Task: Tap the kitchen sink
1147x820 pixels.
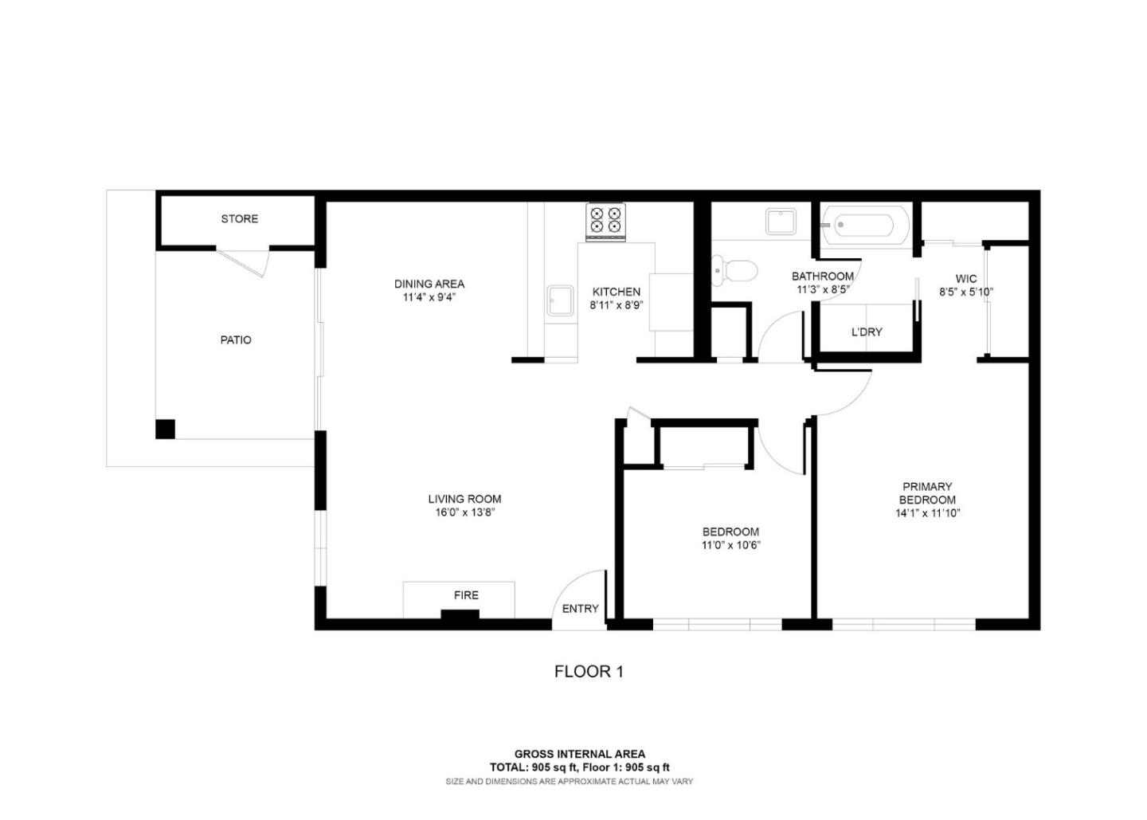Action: click(x=560, y=301)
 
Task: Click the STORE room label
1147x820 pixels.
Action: click(x=239, y=218)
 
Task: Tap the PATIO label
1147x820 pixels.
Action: click(x=236, y=340)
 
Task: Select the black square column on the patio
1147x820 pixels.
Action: click(x=165, y=429)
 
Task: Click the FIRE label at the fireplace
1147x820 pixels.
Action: click(x=466, y=595)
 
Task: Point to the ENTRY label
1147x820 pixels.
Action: click(x=580, y=609)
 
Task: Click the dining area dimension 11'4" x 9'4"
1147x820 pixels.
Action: click(x=429, y=298)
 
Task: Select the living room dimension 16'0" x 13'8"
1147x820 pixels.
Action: click(x=464, y=513)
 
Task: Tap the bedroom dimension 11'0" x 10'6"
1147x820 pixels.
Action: click(x=730, y=546)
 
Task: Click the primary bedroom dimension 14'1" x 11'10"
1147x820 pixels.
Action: click(x=927, y=514)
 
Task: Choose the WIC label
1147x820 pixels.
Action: click(x=965, y=279)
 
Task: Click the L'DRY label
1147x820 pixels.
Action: click(x=867, y=332)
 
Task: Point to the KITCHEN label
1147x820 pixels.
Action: click(x=616, y=292)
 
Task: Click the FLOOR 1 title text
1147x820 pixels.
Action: click(x=589, y=672)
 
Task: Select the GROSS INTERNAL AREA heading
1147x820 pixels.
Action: click(x=579, y=754)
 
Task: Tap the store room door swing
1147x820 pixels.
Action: click(x=247, y=261)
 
